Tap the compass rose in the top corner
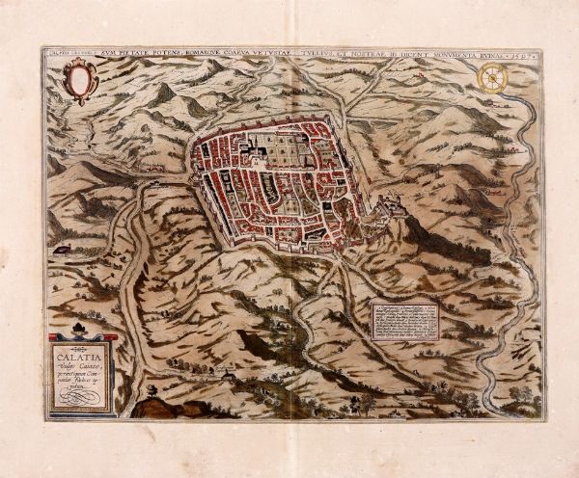[493, 78]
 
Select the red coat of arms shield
[77, 79]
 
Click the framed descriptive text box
[404, 320]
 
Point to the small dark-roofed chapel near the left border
[63, 249]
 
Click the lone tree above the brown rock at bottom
[152, 392]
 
